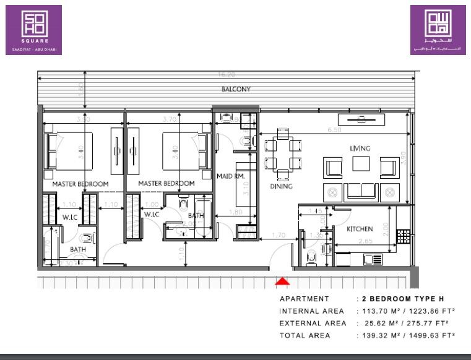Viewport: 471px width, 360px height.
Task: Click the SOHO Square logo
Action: (x=33, y=30)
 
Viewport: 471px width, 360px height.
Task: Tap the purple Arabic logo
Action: (x=438, y=30)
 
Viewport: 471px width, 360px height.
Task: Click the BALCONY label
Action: (x=236, y=89)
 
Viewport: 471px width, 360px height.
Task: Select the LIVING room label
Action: (x=360, y=148)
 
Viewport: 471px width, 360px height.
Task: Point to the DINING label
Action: (x=281, y=186)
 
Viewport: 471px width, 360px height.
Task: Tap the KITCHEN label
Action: (x=360, y=229)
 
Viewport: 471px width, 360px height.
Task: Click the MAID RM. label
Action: (x=231, y=176)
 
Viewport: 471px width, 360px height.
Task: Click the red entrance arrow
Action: (x=282, y=282)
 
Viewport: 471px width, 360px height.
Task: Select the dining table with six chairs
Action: (x=283, y=155)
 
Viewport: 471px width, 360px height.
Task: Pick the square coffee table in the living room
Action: (x=361, y=164)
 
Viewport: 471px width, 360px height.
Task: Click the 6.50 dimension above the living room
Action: (x=334, y=131)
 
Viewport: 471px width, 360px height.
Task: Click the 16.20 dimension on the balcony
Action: (x=227, y=74)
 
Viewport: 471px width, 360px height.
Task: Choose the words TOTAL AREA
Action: (x=305, y=335)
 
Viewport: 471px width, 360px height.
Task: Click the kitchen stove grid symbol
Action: (x=403, y=236)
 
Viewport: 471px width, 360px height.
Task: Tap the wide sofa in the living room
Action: (x=361, y=192)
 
